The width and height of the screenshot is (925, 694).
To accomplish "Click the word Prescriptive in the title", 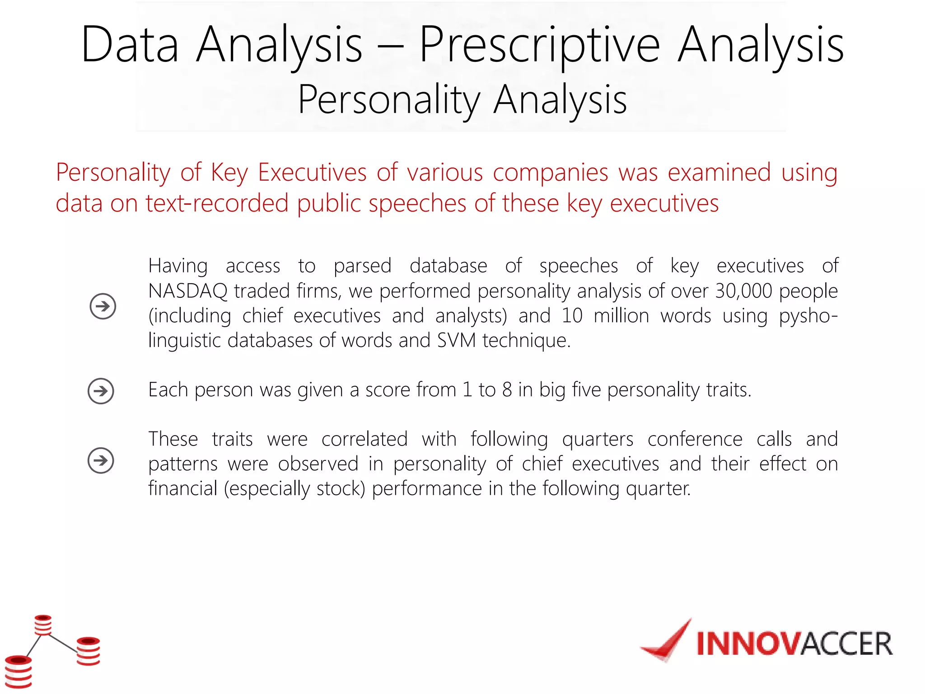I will [x=540, y=45].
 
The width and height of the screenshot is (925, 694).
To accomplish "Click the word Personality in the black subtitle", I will [x=389, y=100].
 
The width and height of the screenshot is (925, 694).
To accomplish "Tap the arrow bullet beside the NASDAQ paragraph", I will [x=103, y=306].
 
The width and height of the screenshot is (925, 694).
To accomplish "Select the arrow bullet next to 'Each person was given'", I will [x=101, y=391].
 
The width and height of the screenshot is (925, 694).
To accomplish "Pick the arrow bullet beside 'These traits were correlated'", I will [x=101, y=460].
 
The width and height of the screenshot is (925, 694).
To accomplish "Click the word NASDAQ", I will [x=188, y=291].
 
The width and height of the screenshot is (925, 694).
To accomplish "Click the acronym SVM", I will [x=456, y=340].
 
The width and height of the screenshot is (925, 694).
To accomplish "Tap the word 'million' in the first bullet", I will [x=621, y=316].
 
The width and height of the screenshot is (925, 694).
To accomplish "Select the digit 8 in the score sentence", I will [x=507, y=390].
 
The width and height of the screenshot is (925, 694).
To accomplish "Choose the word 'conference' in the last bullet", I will [x=695, y=439].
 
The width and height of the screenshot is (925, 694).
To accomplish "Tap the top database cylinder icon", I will [x=43, y=625].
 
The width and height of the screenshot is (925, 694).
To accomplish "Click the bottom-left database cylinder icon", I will [x=19, y=671].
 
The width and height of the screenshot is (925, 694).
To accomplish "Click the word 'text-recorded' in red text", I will [x=217, y=203].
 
